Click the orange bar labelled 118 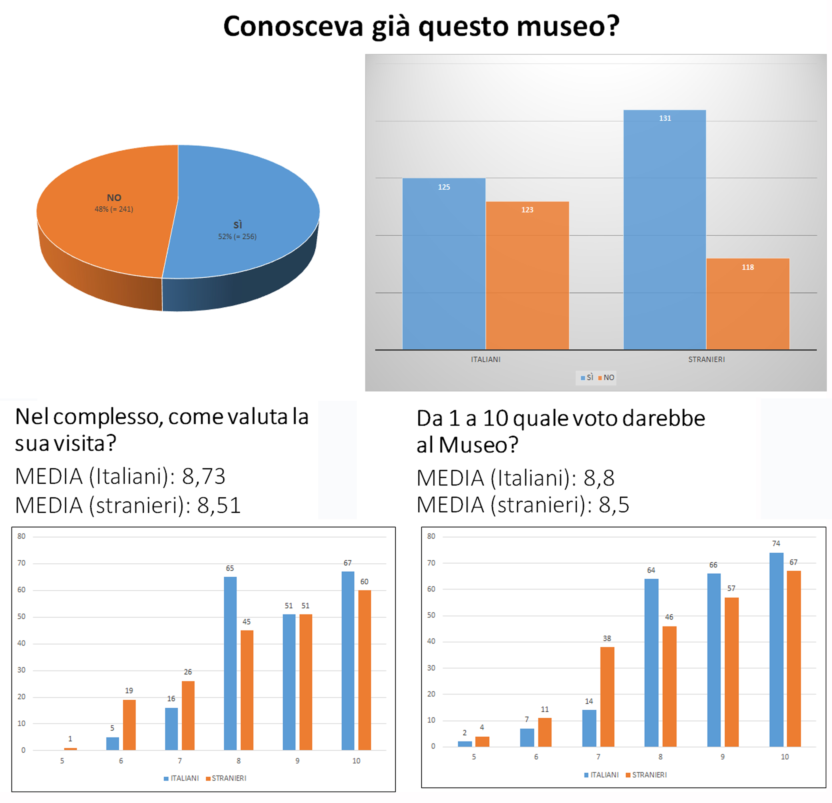pos(747,304)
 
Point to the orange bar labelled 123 pos(527,276)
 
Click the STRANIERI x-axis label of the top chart pos(706,359)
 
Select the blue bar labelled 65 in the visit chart pos(230,662)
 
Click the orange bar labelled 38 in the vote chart pos(607,696)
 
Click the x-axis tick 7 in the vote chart pos(598,756)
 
